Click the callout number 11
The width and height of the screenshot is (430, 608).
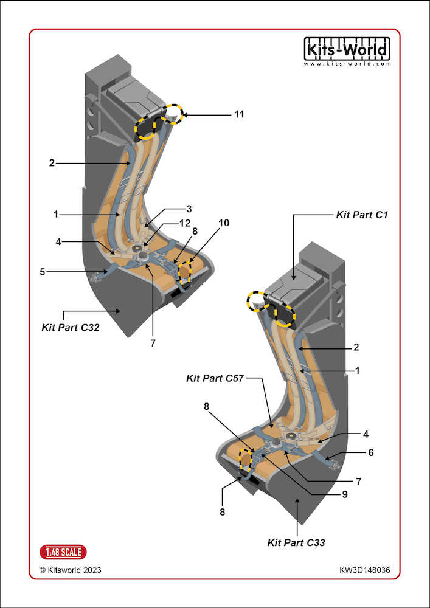click(x=239, y=114)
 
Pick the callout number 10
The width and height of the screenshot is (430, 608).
click(x=224, y=223)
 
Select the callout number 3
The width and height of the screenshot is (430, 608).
click(x=189, y=209)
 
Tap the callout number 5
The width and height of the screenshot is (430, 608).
click(x=42, y=272)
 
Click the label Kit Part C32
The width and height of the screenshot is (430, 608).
click(x=71, y=327)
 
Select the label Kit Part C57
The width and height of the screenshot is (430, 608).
click(x=215, y=378)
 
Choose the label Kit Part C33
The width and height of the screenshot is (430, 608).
click(x=296, y=542)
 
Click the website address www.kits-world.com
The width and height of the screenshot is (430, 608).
click(x=347, y=64)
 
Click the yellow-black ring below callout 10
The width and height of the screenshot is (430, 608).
click(x=185, y=272)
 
